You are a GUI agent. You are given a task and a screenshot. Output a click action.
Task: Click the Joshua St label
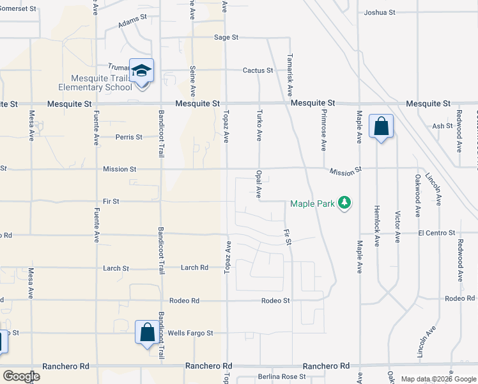coord(380,12)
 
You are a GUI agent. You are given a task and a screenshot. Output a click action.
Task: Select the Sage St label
coord(226,38)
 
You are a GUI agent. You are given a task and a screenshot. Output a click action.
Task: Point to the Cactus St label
coord(258,70)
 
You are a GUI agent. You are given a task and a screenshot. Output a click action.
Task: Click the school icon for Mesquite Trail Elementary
coord(141,71)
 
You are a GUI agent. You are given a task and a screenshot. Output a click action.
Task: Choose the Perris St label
coord(129,136)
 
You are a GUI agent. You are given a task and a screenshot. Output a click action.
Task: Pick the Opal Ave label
coord(259,184)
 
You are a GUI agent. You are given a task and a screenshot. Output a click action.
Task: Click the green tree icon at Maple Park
coord(345,203)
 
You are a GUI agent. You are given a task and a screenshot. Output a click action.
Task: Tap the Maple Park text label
coord(312,204)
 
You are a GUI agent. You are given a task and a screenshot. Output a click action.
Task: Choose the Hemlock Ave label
coord(377,226)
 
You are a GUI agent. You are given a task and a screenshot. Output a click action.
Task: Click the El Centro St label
coord(436,234)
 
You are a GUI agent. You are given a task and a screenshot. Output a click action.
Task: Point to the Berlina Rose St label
coord(282,377)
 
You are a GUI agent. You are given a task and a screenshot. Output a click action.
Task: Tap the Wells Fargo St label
coord(190,333)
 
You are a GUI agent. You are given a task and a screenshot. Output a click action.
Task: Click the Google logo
coord(21,376)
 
